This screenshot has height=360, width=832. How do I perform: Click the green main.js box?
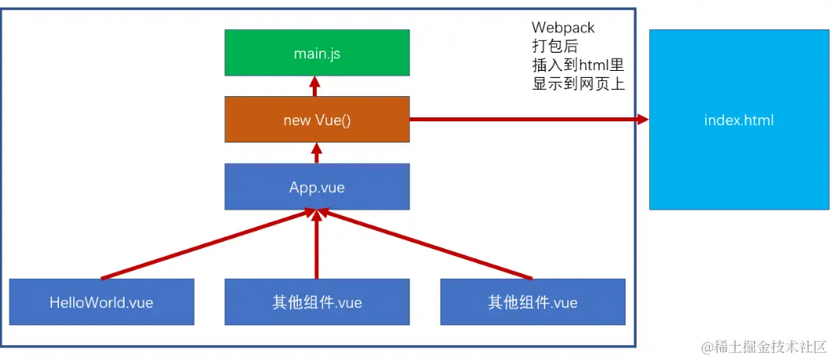pyautogui.click(x=317, y=53)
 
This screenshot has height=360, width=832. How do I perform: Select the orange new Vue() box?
pyautogui.click(x=317, y=120)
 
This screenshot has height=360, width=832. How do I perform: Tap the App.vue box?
pyautogui.click(x=317, y=187)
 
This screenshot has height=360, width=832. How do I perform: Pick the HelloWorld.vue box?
pyautogui.click(x=102, y=302)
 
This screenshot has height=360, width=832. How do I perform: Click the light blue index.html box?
pyautogui.click(x=738, y=120)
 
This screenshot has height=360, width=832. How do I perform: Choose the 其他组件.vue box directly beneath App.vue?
pyautogui.click(x=317, y=302)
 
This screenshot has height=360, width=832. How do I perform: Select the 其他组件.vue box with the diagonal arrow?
pyautogui.click(x=533, y=302)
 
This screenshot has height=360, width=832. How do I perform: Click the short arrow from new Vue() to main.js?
pyautogui.click(x=315, y=87)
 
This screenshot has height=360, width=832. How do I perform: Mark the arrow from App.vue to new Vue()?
pyautogui.click(x=317, y=153)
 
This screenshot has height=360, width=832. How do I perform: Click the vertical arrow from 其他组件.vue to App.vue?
pyautogui.click(x=317, y=248)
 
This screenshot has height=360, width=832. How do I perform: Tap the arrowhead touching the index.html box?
pyautogui.click(x=642, y=120)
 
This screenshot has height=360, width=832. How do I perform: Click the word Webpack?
pyautogui.click(x=563, y=28)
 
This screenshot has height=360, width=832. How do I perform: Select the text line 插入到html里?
pyautogui.click(x=578, y=65)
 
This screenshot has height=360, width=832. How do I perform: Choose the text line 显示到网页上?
pyautogui.click(x=578, y=84)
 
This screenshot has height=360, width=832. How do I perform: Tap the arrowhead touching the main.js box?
pyautogui.click(x=315, y=80)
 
